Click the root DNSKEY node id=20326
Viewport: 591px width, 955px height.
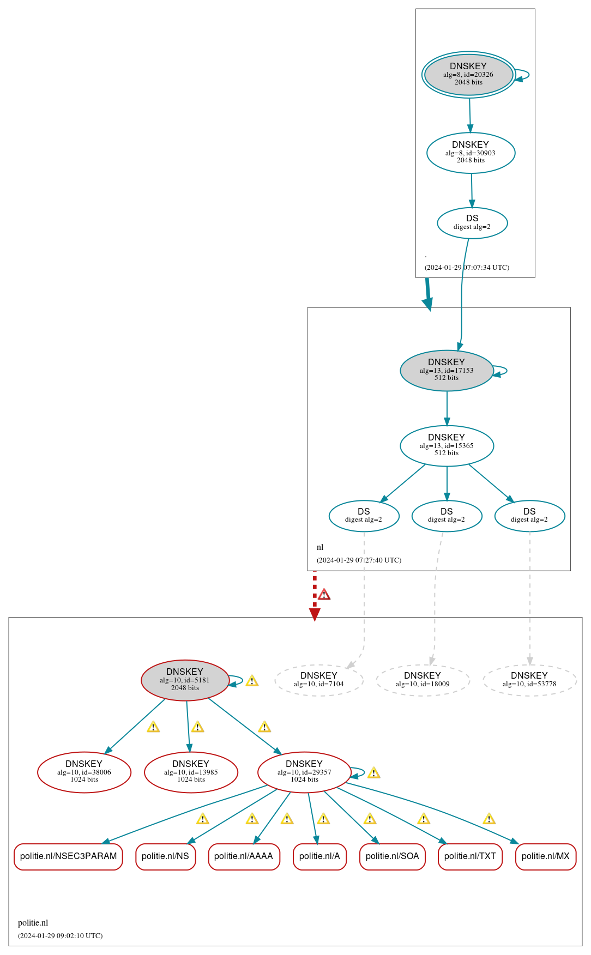(x=468, y=75)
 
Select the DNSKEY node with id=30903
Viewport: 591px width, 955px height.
(x=471, y=153)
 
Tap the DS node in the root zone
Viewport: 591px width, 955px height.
(x=472, y=222)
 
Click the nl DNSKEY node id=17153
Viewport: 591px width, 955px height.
(x=447, y=370)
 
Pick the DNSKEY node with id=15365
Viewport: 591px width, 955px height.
(x=447, y=445)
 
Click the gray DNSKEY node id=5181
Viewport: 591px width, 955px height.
(x=185, y=680)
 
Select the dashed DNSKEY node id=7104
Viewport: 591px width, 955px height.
(x=319, y=680)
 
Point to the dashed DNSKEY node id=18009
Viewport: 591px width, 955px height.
(x=423, y=680)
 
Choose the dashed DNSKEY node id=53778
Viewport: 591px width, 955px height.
(x=529, y=680)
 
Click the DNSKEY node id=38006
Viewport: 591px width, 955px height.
(x=84, y=772)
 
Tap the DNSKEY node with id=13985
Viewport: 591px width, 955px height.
(x=191, y=772)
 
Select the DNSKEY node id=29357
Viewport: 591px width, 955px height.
(x=304, y=772)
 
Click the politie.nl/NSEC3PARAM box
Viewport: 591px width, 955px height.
(x=68, y=856)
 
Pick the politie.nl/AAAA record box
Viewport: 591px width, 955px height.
(x=244, y=856)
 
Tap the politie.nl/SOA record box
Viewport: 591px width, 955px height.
(x=393, y=856)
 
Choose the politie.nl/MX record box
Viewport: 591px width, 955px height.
(x=546, y=856)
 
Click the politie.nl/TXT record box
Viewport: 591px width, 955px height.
(x=470, y=856)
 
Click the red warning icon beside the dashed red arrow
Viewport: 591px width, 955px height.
(x=324, y=594)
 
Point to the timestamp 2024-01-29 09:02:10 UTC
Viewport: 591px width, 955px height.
(x=61, y=935)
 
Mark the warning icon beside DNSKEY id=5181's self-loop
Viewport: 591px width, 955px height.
(x=252, y=681)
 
